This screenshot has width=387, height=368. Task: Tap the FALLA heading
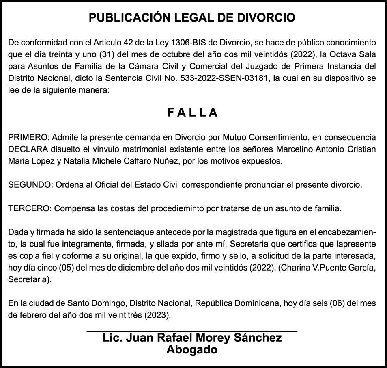click(x=193, y=113)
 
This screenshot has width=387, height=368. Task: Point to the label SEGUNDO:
click(x=30, y=185)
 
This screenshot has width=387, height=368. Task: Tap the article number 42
click(x=134, y=42)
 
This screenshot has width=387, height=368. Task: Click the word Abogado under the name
click(x=192, y=349)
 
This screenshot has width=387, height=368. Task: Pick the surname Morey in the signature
click(x=213, y=338)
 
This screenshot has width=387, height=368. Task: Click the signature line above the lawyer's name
click(x=192, y=331)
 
